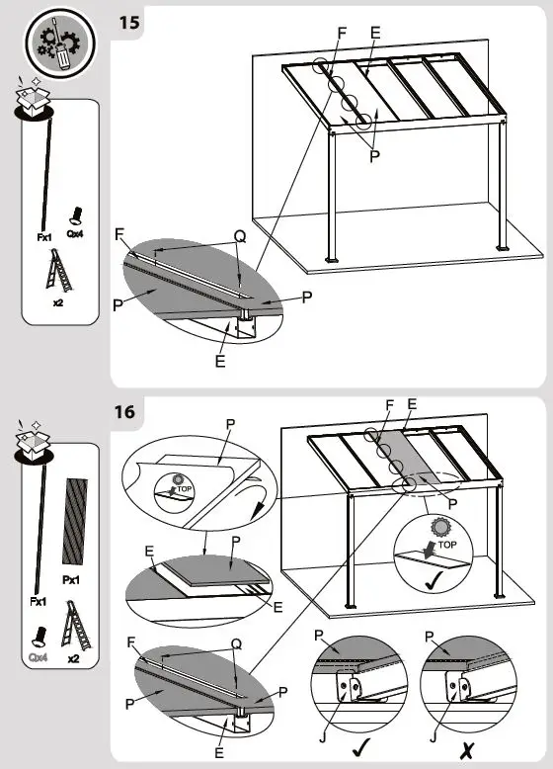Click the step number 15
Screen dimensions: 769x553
pyautogui.click(x=128, y=23)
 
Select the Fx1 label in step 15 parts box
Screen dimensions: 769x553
pyautogui.click(x=44, y=238)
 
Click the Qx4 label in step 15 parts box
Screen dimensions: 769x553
pyautogui.click(x=75, y=235)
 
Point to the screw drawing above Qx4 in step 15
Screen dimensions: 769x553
pyautogui.click(x=75, y=214)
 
